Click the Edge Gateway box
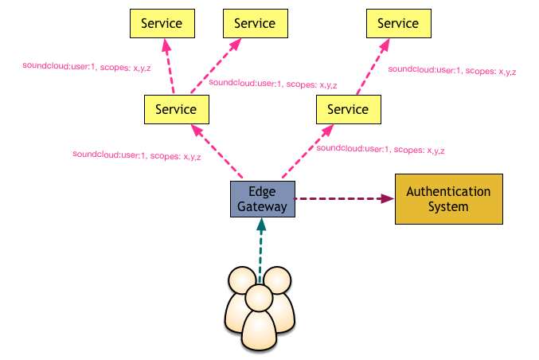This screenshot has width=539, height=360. [x=263, y=199]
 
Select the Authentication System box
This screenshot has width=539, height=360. [x=449, y=199]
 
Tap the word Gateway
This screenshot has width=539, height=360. [x=262, y=206]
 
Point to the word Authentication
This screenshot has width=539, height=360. [x=448, y=191]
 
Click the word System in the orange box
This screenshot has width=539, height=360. [x=448, y=206]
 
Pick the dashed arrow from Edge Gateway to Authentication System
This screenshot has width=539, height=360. [x=344, y=199]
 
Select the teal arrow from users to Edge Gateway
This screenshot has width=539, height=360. [x=261, y=250]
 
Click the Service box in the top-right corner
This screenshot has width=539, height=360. [x=399, y=23]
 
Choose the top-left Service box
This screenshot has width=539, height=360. [x=162, y=23]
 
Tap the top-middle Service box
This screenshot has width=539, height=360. [x=256, y=23]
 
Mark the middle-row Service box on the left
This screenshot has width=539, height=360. [x=177, y=109]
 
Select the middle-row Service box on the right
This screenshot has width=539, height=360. [x=349, y=109]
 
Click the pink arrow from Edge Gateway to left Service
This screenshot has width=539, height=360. [x=217, y=151]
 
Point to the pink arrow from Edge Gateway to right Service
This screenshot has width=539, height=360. [x=308, y=151]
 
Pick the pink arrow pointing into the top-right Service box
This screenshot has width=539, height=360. [x=373, y=66]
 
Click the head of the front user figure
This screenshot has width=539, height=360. [x=260, y=298]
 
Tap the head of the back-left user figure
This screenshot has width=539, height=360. [x=242, y=280]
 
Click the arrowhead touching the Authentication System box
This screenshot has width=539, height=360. [x=388, y=199]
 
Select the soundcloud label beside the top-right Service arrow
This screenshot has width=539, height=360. [x=452, y=71]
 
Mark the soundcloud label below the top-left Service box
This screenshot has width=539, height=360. [x=87, y=67]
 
